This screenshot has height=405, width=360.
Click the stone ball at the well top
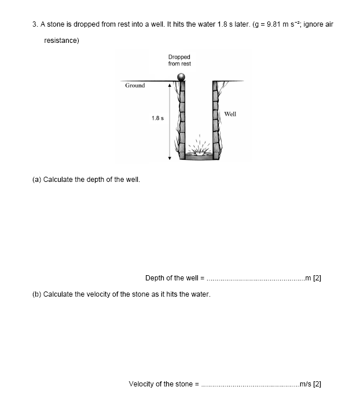tap(182, 76)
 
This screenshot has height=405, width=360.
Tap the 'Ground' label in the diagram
tap(135, 86)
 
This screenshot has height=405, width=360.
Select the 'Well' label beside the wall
tap(230, 114)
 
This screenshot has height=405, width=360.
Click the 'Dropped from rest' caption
tap(179, 60)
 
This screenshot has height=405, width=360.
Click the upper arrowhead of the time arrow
tap(170, 85)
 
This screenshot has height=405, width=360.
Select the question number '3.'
tap(35, 24)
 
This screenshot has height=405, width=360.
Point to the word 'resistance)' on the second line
tap(61, 41)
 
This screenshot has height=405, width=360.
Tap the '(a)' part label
tap(36, 179)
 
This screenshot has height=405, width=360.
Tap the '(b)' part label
tap(36, 294)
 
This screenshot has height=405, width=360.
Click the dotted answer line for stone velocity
tap(247, 384)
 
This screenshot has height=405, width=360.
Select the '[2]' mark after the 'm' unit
tap(317, 278)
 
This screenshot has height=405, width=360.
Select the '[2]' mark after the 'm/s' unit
tap(317, 384)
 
